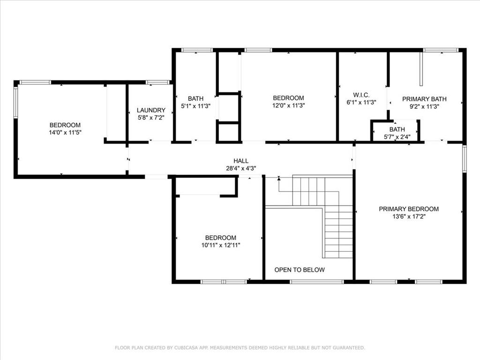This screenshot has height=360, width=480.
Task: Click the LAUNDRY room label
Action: tap(151, 110)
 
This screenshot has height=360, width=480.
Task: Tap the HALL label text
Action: tap(241, 161)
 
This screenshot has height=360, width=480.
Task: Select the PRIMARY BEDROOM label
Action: tap(409, 209)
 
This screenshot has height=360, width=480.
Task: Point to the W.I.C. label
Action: tap(361, 95)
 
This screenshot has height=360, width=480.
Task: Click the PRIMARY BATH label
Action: tap(424, 99)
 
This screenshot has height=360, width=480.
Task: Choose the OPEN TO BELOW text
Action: tap(300, 270)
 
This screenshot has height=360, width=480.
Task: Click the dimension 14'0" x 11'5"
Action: tap(65, 133)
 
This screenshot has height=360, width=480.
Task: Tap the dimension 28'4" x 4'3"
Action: tap(241, 168)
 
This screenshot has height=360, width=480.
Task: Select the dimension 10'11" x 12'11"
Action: tap(221, 245)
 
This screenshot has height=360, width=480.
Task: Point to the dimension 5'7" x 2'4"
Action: tap(397, 137)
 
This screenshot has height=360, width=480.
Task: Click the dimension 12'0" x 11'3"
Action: tap(288, 105)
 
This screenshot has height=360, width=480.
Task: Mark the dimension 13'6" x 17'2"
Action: tap(409, 217)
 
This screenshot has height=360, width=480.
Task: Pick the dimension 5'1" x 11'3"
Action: tap(195, 106)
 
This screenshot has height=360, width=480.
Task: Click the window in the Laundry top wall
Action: tap(157, 82)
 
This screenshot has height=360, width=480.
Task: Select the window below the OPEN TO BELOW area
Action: tap(317, 282)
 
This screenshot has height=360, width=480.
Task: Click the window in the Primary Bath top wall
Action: tap(441, 50)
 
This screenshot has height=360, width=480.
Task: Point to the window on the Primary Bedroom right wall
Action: tap(465, 159)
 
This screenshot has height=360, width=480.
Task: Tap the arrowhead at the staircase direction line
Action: tap(279, 178)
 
